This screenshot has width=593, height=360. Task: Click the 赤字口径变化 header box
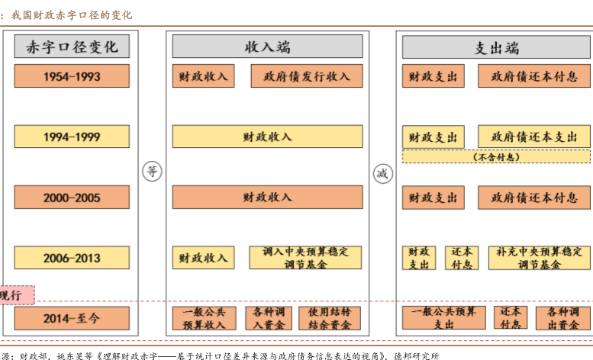(x=72, y=47)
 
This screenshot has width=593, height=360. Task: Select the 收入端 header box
(x=267, y=47)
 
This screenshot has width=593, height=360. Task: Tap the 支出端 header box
(x=496, y=47)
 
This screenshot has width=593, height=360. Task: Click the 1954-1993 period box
(x=72, y=76)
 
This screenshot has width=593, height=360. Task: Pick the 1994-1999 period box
(x=72, y=137)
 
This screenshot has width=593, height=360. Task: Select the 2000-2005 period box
(x=72, y=198)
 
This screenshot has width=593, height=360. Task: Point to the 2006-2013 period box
(x=72, y=258)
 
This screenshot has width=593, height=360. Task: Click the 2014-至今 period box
(x=72, y=318)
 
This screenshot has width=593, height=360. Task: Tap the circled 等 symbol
(x=153, y=172)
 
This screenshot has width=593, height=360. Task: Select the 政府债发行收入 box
(x=307, y=76)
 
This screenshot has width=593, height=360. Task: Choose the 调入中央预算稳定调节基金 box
(x=306, y=258)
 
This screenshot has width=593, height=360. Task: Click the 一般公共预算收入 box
(x=203, y=318)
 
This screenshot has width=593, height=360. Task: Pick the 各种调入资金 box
(x=268, y=318)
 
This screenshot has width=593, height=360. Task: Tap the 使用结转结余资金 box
(x=330, y=318)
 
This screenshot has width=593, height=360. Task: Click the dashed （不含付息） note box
(x=496, y=156)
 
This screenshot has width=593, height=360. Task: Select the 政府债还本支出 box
(x=534, y=137)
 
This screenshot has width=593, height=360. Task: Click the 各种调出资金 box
(x=562, y=318)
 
